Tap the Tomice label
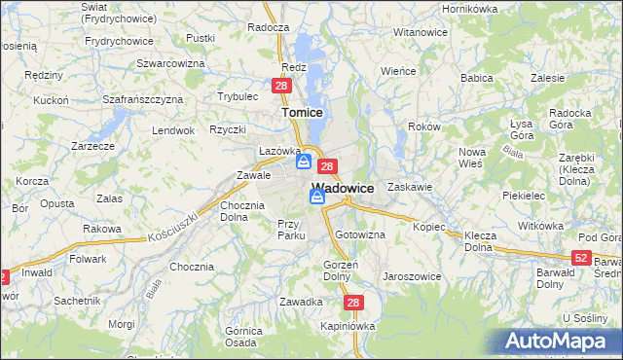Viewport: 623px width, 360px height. click(x=302, y=112)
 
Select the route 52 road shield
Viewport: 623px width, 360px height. click(x=581, y=257)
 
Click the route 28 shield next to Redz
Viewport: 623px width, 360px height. click(x=280, y=87)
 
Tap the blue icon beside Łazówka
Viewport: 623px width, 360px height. click(x=305, y=161)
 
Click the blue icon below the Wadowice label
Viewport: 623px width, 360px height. click(x=317, y=197)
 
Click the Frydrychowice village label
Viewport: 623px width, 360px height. click(x=119, y=41)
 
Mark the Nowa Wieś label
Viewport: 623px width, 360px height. click(x=472, y=158)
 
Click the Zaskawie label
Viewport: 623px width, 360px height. click(x=409, y=186)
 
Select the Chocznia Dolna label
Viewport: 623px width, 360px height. click(x=241, y=211)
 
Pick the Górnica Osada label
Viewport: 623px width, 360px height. click(x=240, y=336)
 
